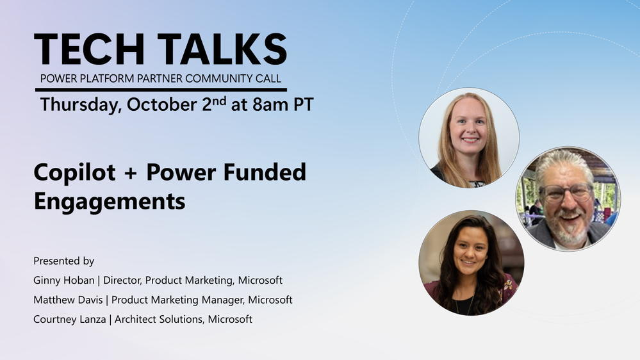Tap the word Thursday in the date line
coord(81,105)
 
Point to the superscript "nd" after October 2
coord(219,101)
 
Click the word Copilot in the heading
coord(75,173)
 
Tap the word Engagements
coord(110,202)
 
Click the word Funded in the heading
coord(264,172)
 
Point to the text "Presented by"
coord(63,261)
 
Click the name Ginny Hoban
coord(63,281)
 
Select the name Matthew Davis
coord(68,300)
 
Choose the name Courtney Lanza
coord(69,319)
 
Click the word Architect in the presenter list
coord(135,319)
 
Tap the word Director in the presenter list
coord(122,281)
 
